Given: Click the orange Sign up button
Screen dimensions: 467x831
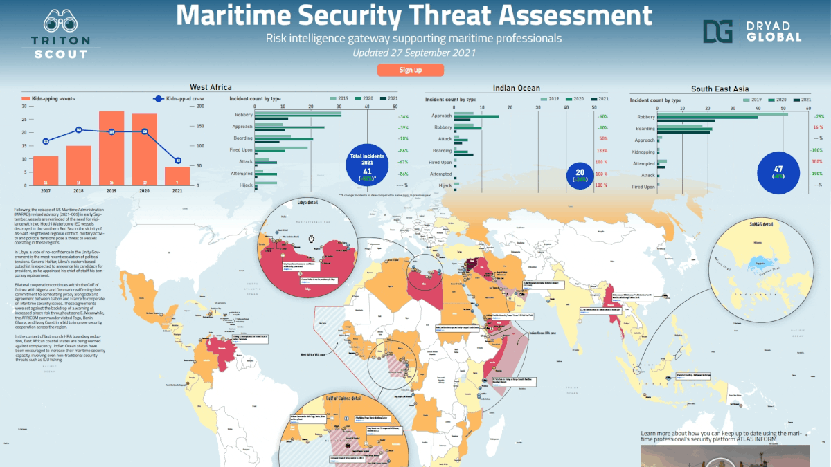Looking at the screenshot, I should point(410,70).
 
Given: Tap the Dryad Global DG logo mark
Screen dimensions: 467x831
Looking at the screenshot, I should point(717,31).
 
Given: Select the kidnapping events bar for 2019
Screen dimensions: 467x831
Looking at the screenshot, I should point(116,148).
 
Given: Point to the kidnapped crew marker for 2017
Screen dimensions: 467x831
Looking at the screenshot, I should point(46,141).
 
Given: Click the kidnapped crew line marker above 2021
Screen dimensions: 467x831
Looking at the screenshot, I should point(178,161).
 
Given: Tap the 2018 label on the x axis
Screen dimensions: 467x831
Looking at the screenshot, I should point(79,190).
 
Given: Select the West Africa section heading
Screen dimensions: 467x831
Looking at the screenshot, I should point(211,88).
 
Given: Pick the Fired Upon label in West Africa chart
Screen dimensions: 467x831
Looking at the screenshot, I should point(242,150).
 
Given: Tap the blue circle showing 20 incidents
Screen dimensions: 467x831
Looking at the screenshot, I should point(580,176).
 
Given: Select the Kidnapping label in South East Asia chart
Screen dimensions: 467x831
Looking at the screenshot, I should point(643,152).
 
